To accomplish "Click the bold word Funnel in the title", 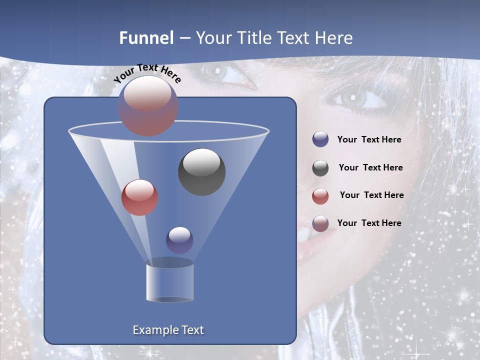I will (146, 38).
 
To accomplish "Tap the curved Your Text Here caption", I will (147, 73).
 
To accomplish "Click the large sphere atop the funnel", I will (148, 105).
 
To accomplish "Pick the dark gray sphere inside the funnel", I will (202, 172).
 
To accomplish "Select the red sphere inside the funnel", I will (139, 197).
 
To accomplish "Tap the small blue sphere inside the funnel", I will (179, 240).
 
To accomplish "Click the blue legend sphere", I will (320, 139).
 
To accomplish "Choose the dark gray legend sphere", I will (320, 168).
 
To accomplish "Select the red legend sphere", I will (320, 196).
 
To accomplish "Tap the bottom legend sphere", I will (320, 223).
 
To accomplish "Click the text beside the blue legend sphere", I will (369, 140).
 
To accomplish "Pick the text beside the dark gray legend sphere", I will (370, 167).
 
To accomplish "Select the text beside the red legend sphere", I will (371, 195).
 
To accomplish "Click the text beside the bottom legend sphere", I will (369, 223).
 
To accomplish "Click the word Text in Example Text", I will (190, 330).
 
